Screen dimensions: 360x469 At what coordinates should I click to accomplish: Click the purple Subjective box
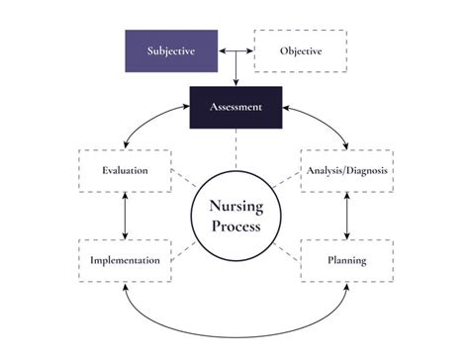[171, 50]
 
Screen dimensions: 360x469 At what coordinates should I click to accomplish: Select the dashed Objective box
[301, 50]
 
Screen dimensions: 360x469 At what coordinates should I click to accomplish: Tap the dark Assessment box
[235, 107]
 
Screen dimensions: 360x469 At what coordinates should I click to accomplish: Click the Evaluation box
[125, 170]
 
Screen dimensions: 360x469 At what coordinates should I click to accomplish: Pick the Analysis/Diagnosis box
[346, 170]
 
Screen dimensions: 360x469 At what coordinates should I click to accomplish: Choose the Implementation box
[125, 260]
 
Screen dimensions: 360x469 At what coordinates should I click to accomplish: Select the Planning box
[346, 260]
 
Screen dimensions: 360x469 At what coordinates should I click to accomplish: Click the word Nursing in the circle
[234, 206]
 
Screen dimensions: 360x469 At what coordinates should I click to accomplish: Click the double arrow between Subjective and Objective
[236, 49]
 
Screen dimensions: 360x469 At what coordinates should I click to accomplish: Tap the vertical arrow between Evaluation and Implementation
[125, 215]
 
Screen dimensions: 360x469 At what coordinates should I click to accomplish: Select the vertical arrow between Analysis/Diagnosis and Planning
[346, 215]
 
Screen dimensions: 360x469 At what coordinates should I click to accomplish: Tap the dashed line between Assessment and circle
[235, 148]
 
